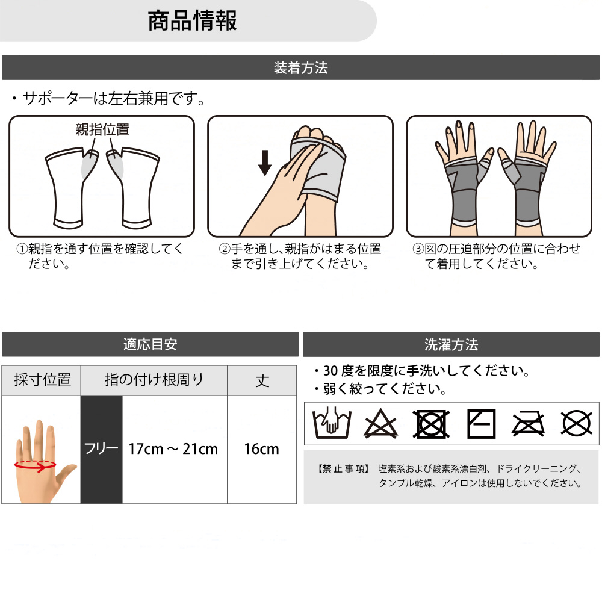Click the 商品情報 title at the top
click(193, 20)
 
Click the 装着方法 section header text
click(300, 68)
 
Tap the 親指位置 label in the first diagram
click(102, 130)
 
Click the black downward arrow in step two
click(264, 163)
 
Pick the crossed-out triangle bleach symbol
click(381, 423)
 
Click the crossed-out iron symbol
click(529, 424)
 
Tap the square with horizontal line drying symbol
click(481, 424)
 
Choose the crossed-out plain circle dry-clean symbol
click(576, 423)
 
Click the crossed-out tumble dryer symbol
click(431, 424)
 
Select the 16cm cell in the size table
click(261, 449)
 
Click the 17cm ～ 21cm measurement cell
click(173, 449)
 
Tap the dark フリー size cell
click(101, 449)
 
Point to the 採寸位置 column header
click(43, 380)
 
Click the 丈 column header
click(262, 381)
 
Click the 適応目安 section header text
click(150, 344)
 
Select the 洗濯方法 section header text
click(451, 344)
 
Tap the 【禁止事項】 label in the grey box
click(344, 469)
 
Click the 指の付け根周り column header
click(154, 380)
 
